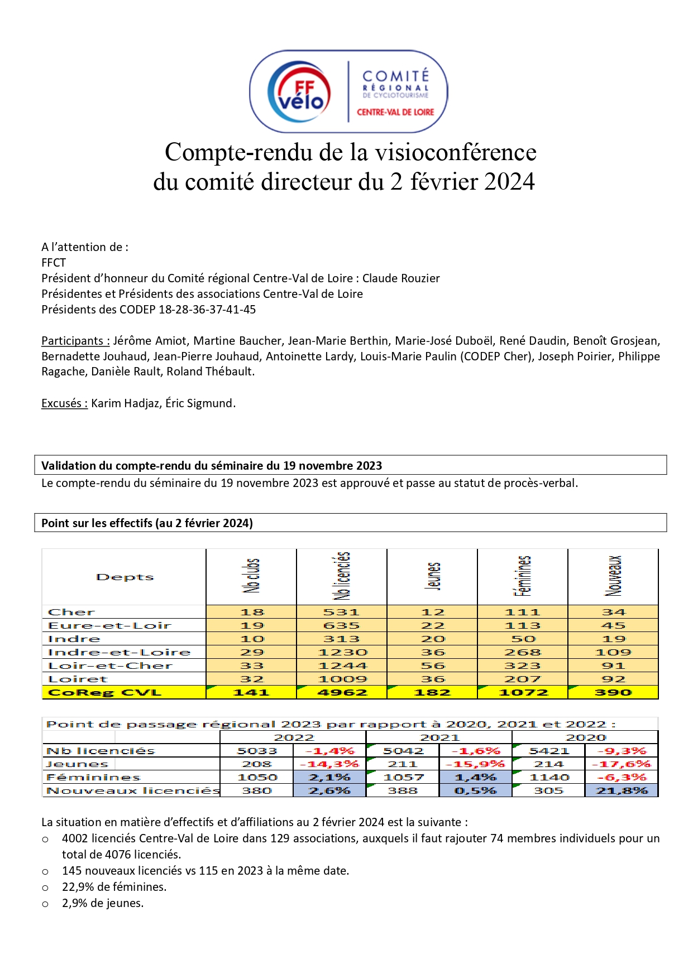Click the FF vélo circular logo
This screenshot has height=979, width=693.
pos(299,92)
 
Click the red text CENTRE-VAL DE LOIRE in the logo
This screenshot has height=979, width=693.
pos(395,112)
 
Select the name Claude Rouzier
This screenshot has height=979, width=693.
pos(401,278)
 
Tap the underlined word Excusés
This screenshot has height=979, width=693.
pos(64,403)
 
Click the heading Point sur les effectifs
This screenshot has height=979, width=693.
pos(147,523)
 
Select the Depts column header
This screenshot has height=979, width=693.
pos(125,577)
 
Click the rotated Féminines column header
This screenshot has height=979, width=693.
pos(523,576)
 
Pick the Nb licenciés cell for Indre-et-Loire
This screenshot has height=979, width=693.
pos(342,652)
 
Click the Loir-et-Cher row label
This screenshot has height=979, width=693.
pos(110,665)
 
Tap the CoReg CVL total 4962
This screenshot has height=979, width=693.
pos(342,692)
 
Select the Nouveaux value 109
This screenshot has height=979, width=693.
pos(613,652)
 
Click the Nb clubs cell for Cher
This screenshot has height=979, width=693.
pos(252,612)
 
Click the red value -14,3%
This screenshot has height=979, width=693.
pos(329,764)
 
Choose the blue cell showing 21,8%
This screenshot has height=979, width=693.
pos(622,790)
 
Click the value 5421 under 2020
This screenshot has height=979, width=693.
pos(548,751)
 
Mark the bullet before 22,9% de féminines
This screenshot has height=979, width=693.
pos(46,888)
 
